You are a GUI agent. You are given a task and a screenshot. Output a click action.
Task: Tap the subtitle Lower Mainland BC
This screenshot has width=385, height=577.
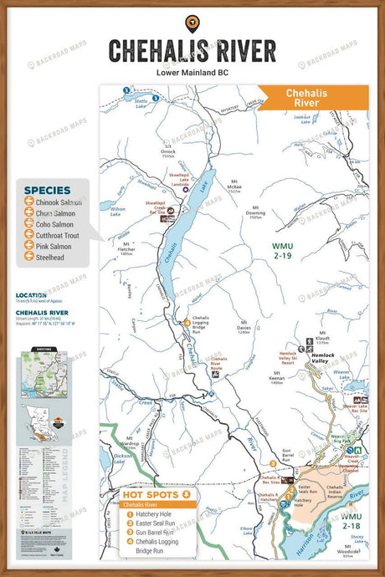click(x=192, y=73)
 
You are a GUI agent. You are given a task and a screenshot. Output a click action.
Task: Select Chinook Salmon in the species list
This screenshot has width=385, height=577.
click(x=58, y=202)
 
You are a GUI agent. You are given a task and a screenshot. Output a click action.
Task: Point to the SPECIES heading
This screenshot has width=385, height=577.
click(x=47, y=190)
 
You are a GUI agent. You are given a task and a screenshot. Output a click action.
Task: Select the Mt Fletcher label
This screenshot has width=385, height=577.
click(x=126, y=248)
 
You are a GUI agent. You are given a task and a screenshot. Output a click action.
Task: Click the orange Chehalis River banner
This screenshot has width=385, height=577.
click(x=312, y=98)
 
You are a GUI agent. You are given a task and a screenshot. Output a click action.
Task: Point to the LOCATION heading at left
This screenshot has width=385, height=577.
click(x=31, y=295)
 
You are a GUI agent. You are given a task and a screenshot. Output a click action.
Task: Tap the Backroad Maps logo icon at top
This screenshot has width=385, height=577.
click(x=192, y=22)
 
